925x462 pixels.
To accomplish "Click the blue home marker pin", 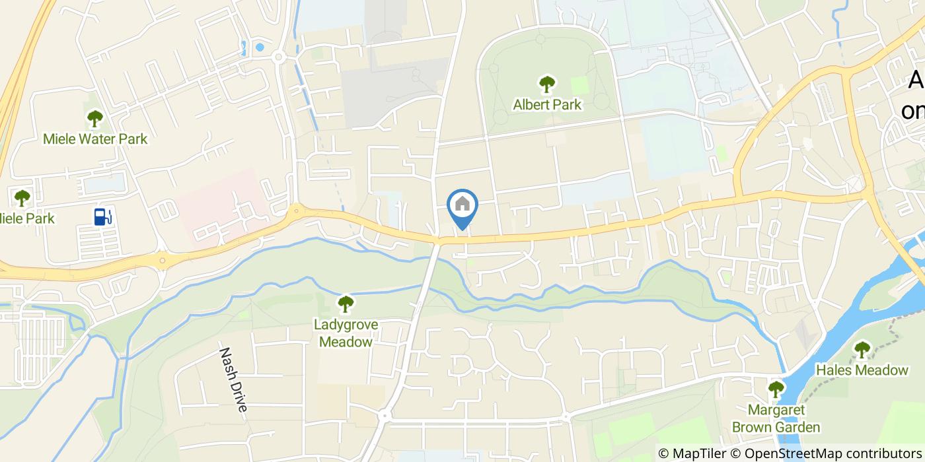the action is tap(462, 206).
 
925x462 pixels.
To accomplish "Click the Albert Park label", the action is tap(547, 104).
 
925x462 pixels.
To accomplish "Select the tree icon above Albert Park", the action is tap(546, 84).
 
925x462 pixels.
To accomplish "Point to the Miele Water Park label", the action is tap(95, 139).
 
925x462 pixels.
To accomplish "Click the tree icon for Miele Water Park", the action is tap(95, 119).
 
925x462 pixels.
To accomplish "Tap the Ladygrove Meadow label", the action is tap(346, 333).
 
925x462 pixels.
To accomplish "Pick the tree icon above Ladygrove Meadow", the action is tap(346, 304).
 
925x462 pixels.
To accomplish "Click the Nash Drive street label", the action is tap(233, 380).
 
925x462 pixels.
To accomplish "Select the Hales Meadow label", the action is tap(862, 370).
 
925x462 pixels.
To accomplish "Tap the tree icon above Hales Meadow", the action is tap(862, 349).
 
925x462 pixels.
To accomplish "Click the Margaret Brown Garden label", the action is tap(776, 418).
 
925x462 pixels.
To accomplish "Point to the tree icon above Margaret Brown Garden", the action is tap(776, 389).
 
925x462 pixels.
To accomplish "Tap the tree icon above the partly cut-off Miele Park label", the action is tap(22, 197).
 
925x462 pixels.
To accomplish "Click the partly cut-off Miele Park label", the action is tap(26, 218).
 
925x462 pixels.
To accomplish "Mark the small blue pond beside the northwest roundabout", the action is tap(259, 47).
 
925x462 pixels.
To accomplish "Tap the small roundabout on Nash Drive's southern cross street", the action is tap(384, 416).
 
